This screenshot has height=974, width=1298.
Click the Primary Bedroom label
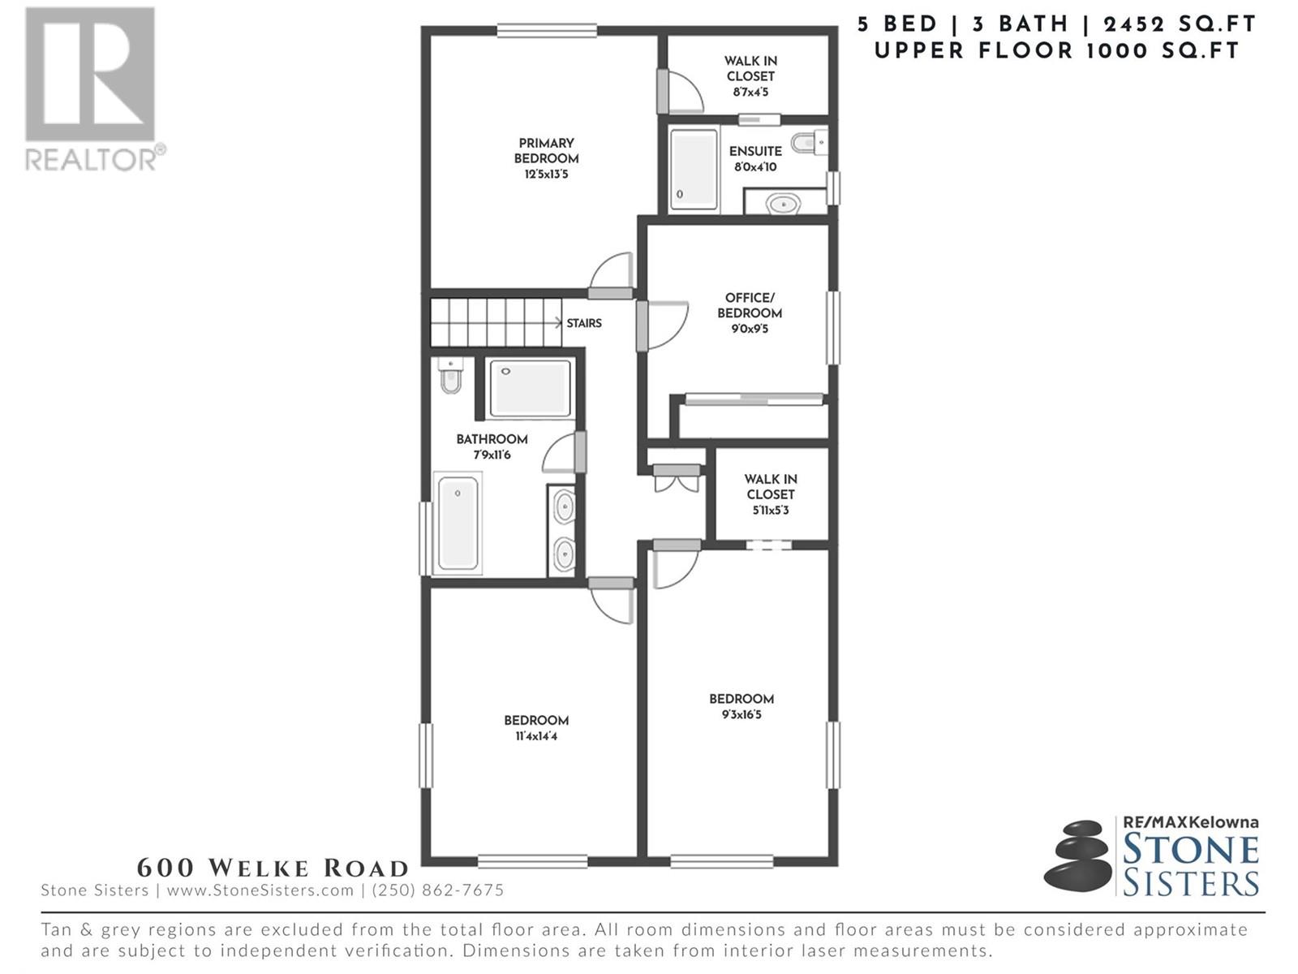point(546,151)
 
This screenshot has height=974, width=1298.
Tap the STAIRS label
point(583,323)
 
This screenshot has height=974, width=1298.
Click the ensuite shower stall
point(694,169)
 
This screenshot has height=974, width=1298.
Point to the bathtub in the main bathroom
point(458,523)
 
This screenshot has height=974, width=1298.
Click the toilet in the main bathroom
point(450,375)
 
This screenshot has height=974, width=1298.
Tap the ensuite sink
point(784,204)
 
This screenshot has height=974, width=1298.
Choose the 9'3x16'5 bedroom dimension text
point(741,714)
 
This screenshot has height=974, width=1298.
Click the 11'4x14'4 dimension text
point(536,736)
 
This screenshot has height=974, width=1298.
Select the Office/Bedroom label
point(750,305)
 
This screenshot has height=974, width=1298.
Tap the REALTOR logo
point(92,88)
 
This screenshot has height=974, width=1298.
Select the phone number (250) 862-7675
point(437,890)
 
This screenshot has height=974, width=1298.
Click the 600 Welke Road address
point(273,868)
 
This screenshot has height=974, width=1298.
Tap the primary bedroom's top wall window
point(547,30)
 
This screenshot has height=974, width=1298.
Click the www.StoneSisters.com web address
point(260,890)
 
